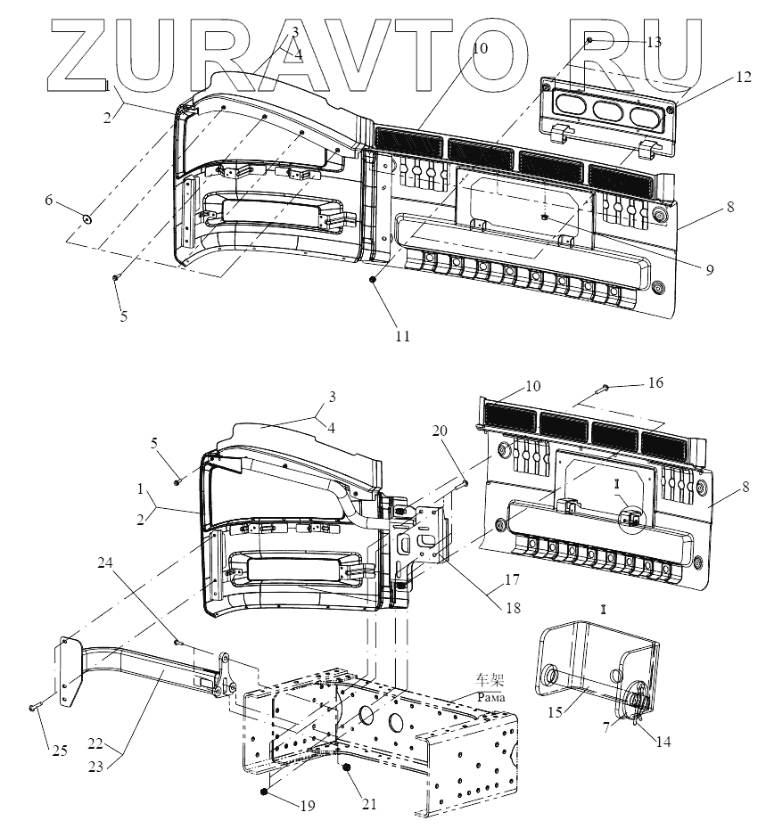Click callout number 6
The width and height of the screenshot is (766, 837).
tap(50, 201)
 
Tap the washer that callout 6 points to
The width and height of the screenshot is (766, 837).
tap(88, 217)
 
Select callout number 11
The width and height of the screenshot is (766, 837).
tap(403, 336)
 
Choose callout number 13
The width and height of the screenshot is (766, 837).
tap(654, 42)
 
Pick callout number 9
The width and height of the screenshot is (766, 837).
tap(710, 269)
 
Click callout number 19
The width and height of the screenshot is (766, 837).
tap(308, 806)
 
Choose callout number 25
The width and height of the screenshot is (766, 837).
tap(59, 751)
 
